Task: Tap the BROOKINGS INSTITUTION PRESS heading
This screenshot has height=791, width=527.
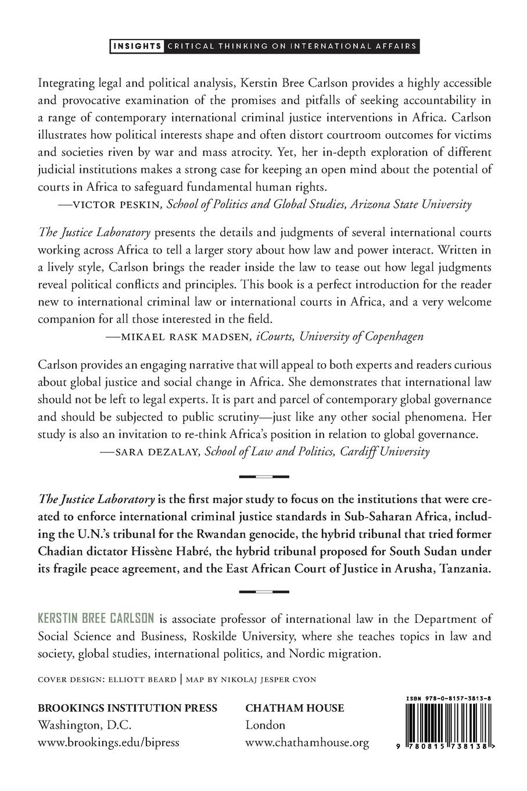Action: coord(127,708)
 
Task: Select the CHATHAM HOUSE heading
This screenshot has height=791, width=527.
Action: coord(295,708)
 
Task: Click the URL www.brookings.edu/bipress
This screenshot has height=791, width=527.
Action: coord(108,743)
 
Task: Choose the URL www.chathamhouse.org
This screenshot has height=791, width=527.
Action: coord(307,743)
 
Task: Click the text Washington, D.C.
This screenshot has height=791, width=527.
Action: coord(84,725)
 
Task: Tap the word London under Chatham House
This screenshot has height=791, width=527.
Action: coord(265,725)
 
